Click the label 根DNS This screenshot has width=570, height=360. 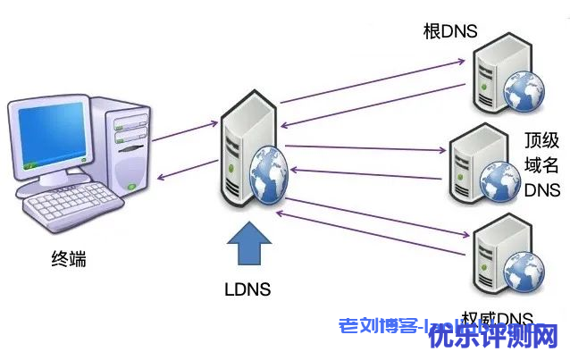point(450,32)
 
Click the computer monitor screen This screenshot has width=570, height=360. point(49,134)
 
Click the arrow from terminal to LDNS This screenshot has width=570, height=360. point(184,130)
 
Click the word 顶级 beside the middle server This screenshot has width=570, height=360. point(542,140)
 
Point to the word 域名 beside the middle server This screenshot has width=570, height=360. point(542,164)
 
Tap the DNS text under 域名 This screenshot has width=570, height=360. point(542,189)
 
